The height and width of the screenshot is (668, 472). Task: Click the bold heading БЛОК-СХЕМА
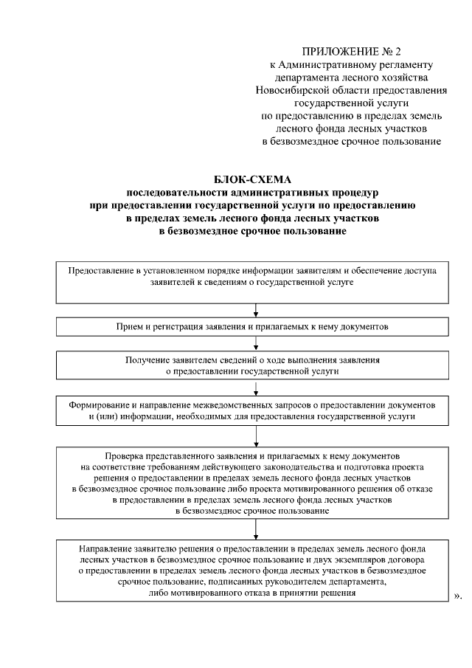point(253,180)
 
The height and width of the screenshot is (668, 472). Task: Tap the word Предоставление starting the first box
point(101,271)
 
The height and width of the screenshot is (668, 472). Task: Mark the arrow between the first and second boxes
point(255,311)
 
